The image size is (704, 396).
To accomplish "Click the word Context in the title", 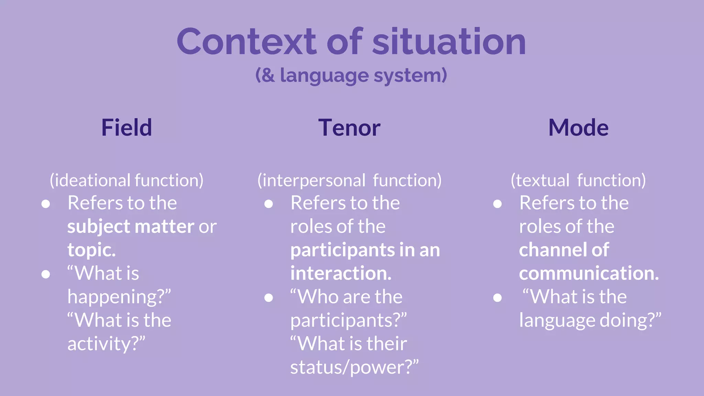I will point(246,42).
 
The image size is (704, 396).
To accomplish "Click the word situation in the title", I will point(449,42).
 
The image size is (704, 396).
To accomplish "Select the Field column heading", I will point(126,128).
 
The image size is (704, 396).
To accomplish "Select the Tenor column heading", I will point(349,128).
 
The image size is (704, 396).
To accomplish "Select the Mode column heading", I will point(578,128).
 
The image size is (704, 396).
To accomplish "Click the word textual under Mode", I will point(542,180).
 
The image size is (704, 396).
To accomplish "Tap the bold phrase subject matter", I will point(131,227).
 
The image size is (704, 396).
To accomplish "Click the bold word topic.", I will point(91,250).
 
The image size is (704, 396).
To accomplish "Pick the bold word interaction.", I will point(341,273).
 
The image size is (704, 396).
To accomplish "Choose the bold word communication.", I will point(588,273).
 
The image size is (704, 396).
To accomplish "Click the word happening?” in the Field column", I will point(119,297).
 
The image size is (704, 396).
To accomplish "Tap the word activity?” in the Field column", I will point(106,344).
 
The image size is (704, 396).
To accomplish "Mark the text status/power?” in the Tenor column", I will point(354,367).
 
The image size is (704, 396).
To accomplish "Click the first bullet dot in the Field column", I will point(46,204).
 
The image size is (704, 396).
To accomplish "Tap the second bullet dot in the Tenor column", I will point(268,298).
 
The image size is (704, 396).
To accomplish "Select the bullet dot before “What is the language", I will point(497,298).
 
